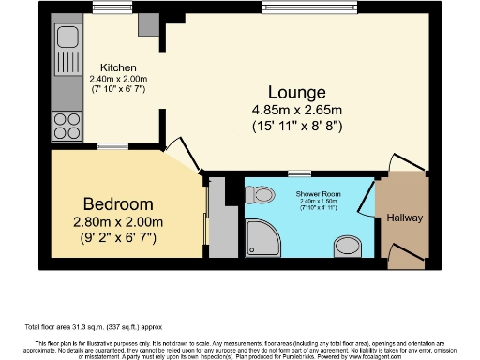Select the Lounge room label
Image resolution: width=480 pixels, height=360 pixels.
(296, 92)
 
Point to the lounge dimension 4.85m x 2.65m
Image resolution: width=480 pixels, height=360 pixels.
(296, 111)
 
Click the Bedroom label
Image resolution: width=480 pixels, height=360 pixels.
(117, 203)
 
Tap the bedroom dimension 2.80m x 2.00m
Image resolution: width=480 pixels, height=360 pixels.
(117, 222)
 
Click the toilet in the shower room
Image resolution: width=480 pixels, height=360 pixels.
(260, 195)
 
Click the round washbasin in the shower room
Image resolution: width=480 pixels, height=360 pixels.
(348, 247)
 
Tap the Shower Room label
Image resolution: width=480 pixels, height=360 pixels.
(317, 191)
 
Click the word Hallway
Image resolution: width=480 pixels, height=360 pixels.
(404, 218)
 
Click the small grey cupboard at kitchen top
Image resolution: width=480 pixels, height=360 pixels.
(149, 24)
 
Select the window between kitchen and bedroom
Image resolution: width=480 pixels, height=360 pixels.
(112, 145)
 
